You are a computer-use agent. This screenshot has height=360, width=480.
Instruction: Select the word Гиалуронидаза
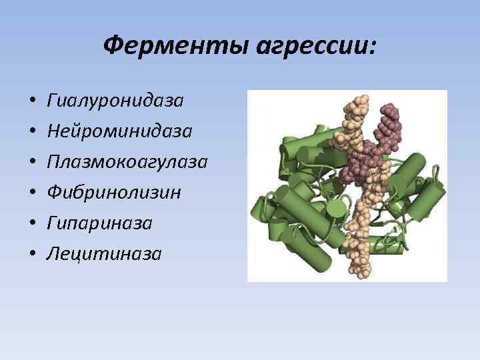115,101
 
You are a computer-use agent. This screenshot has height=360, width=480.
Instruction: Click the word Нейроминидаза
120,131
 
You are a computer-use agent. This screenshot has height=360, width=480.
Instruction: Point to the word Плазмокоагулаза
127,162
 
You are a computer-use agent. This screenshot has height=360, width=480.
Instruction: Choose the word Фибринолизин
114,193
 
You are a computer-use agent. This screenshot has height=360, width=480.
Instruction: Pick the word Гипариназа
100,223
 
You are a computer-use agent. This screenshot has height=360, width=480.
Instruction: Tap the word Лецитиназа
104,253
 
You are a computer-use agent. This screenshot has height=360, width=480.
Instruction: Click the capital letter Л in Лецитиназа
53,253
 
